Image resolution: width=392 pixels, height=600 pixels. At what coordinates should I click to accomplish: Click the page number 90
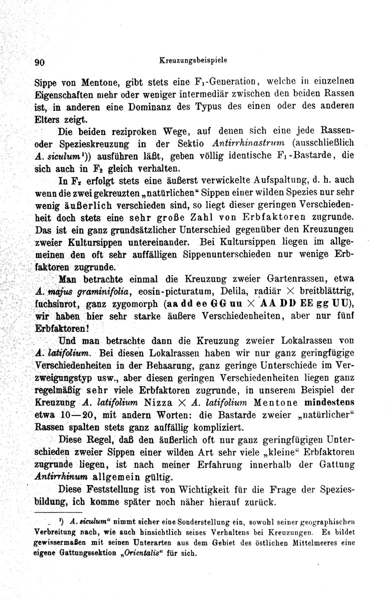[x=40, y=62]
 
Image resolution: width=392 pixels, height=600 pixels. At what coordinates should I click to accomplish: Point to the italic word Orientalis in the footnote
[x=153, y=553]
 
